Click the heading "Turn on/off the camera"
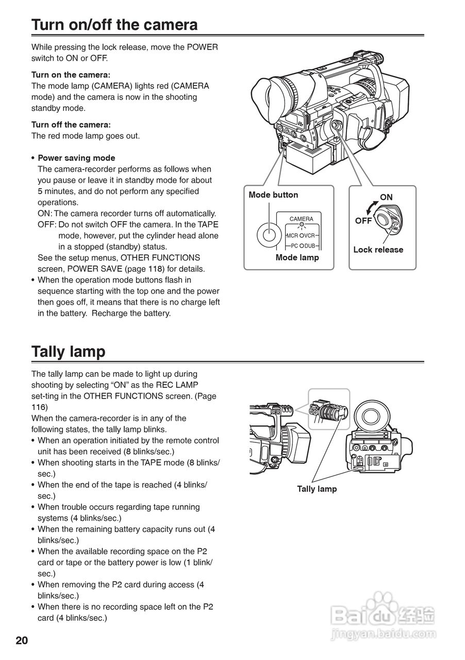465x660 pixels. (114, 25)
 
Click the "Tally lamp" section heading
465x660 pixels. (68, 352)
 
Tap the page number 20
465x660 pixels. (22, 641)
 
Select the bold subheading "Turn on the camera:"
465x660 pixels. (71, 75)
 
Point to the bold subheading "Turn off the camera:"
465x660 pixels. (71, 125)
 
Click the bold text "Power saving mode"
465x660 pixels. (76, 158)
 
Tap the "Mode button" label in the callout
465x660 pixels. (273, 195)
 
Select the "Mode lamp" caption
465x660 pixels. (297, 257)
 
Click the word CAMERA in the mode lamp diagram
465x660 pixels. (301, 219)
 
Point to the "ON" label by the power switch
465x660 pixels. (386, 197)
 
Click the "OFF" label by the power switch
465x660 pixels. (363, 221)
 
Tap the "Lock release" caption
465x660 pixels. (378, 250)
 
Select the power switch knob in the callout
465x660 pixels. (388, 218)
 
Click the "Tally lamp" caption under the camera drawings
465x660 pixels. (317, 489)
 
